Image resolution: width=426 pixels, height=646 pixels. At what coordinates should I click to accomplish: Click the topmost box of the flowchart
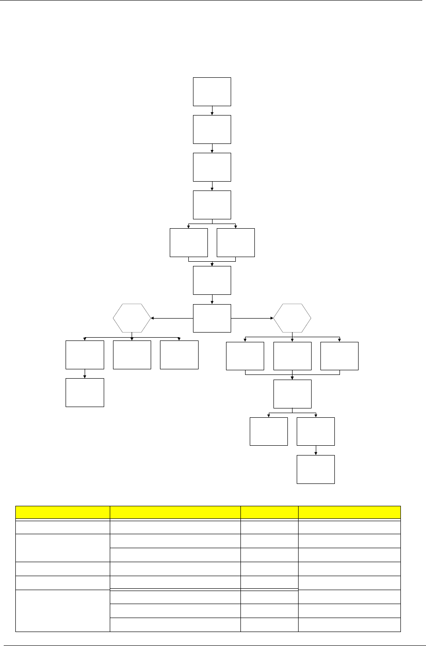(x=212, y=92)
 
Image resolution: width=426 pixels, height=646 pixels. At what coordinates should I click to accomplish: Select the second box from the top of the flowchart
(x=212, y=129)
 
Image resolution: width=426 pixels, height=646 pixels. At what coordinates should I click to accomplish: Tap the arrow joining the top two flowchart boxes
(x=212, y=111)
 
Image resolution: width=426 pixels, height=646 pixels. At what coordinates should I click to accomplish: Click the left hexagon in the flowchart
(x=132, y=318)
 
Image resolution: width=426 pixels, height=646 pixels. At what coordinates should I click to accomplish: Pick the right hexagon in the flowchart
(x=292, y=318)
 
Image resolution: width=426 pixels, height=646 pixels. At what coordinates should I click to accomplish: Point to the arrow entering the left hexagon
(x=172, y=318)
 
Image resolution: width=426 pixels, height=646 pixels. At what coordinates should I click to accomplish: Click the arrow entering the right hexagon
(x=252, y=318)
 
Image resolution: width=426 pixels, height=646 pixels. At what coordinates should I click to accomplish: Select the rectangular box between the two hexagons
(x=212, y=318)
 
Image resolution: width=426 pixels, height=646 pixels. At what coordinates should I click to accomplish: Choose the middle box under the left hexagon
(x=132, y=355)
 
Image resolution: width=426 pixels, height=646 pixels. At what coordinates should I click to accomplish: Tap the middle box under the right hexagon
(x=292, y=356)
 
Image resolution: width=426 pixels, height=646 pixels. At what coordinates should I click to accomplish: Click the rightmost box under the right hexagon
(x=339, y=356)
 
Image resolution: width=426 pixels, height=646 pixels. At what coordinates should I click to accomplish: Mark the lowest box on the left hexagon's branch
(x=85, y=393)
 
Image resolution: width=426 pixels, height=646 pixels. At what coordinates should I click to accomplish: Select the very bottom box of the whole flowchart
(x=316, y=469)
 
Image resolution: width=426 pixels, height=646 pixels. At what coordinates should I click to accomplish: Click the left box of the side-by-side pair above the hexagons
(x=188, y=243)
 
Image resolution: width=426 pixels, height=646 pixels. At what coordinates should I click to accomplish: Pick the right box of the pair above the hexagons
(x=236, y=243)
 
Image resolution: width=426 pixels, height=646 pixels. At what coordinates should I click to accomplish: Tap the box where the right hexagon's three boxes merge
(x=292, y=394)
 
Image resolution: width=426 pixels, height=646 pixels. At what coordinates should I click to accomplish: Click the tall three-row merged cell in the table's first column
(x=62, y=611)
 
